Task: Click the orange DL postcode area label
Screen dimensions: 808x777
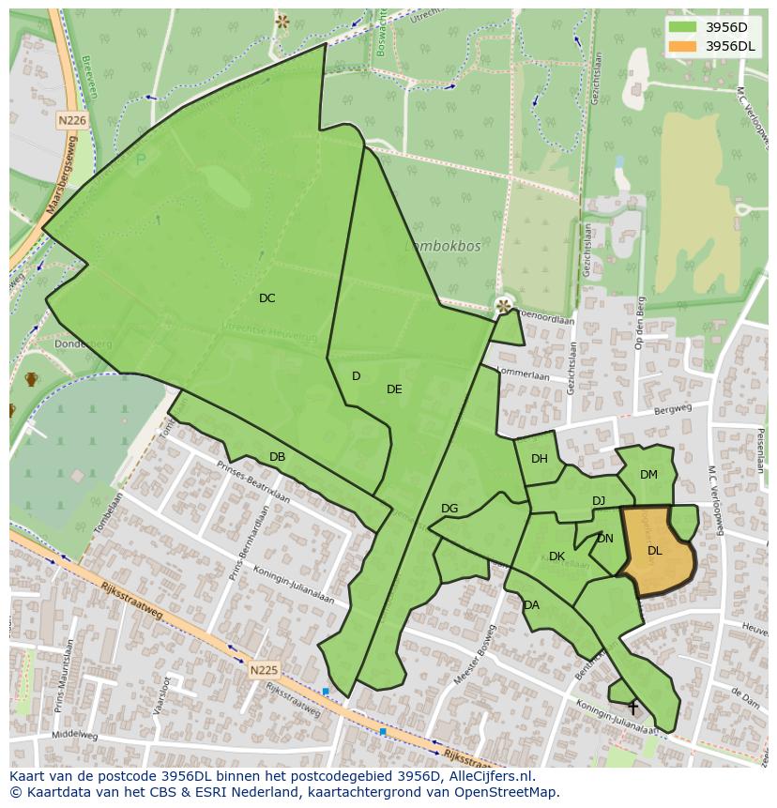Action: click(654, 551)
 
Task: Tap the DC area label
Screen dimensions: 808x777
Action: click(267, 298)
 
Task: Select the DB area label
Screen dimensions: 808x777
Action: click(277, 457)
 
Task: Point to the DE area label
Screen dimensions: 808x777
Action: click(394, 389)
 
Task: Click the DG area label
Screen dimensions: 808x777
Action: click(449, 509)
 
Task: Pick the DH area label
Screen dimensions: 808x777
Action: click(539, 459)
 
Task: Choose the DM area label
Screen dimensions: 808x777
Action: click(648, 475)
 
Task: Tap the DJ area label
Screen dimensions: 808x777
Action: click(599, 501)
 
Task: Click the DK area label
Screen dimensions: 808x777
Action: click(556, 556)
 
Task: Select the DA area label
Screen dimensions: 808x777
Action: click(531, 605)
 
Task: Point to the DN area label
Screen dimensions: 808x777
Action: click(604, 539)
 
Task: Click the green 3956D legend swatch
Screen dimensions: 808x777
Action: click(683, 27)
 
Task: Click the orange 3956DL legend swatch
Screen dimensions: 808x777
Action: click(683, 46)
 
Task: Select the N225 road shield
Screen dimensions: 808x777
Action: click(264, 670)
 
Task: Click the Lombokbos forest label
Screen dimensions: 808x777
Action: click(443, 246)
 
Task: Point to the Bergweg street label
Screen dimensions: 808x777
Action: click(673, 408)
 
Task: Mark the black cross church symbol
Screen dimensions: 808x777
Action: click(633, 707)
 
